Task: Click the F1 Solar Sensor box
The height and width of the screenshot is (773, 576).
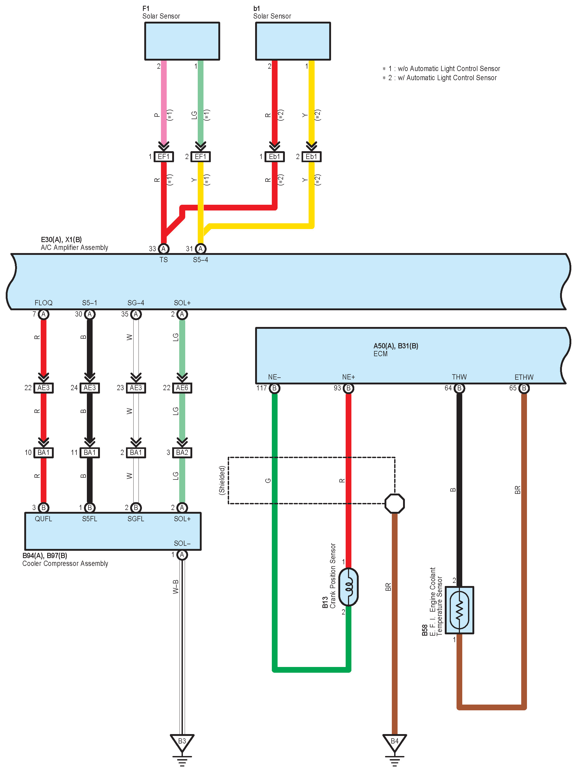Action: (182, 41)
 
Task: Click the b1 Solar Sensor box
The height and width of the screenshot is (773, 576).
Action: (293, 41)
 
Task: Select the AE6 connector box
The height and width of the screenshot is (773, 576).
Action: (182, 388)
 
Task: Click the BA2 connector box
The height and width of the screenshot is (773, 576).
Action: (182, 453)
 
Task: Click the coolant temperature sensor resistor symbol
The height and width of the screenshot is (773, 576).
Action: (460, 610)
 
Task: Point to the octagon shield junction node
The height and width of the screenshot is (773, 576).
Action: (394, 503)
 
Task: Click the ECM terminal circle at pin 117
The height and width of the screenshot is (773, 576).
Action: (274, 388)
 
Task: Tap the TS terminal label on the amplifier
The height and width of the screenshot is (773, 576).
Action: (164, 260)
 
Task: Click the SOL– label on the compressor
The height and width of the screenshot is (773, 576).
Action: (182, 543)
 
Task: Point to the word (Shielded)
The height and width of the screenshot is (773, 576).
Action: (222, 480)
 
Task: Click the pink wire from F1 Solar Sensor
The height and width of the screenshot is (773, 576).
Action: (164, 101)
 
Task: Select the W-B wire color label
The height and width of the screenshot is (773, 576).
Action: (175, 587)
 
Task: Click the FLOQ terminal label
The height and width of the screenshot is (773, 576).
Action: (44, 303)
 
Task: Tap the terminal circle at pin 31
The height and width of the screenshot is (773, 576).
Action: (201, 249)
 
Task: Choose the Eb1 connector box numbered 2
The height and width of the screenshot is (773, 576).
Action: (311, 157)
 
